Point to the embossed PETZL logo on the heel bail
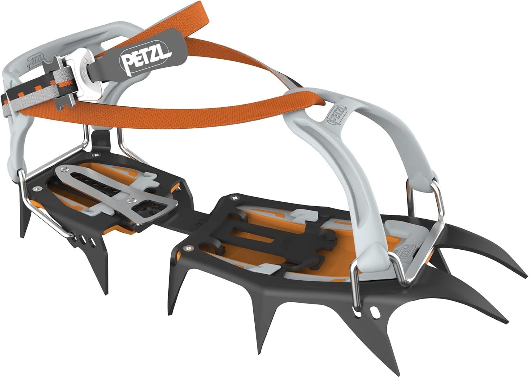pos(35,60)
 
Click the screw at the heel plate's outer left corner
pos(35,190)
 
